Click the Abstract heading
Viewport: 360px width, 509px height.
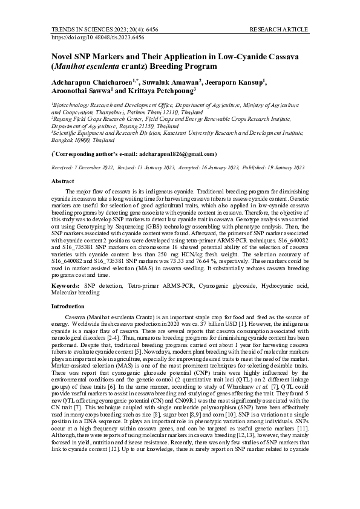point(63,181)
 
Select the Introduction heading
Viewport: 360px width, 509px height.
point(68,306)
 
